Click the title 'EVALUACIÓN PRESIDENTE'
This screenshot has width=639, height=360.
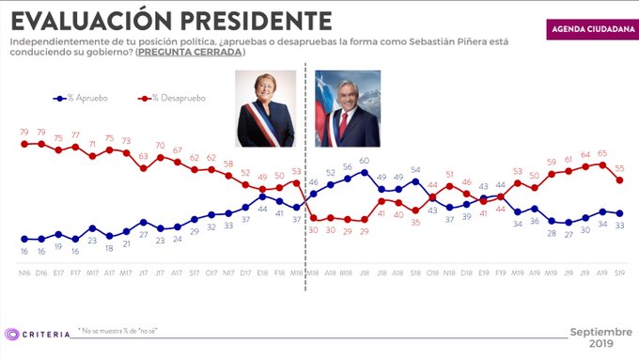click(x=170, y=21)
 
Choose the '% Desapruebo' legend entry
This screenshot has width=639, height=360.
click(x=173, y=97)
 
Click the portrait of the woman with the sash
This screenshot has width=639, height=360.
click(x=266, y=109)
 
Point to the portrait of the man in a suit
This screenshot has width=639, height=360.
click(x=347, y=109)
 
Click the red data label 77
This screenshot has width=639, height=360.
click(x=75, y=134)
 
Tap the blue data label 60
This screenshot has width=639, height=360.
click(x=364, y=160)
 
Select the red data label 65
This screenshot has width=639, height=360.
click(x=601, y=152)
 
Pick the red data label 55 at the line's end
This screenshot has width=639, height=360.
click(x=619, y=168)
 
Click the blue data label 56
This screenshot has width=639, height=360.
click(x=347, y=167)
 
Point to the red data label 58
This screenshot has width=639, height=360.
click(x=228, y=164)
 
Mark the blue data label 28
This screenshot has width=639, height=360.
click(x=552, y=232)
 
